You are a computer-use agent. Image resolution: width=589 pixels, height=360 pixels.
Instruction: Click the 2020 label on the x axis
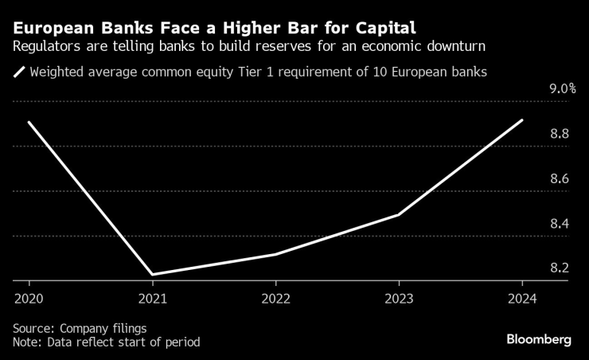click(29, 299)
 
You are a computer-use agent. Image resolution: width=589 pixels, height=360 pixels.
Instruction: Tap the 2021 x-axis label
click(152, 299)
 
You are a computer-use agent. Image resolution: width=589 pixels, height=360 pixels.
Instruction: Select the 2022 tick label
click(275, 299)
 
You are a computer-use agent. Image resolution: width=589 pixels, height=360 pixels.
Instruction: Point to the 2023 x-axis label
click(398, 299)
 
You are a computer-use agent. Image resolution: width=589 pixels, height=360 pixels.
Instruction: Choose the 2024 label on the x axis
click(521, 299)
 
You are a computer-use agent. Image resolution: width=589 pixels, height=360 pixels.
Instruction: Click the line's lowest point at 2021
click(152, 275)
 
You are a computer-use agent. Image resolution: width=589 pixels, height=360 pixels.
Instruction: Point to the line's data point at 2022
click(275, 254)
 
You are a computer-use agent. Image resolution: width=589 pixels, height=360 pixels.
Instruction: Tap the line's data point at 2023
click(398, 214)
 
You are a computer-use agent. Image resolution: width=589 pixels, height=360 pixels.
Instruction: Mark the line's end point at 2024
click(521, 120)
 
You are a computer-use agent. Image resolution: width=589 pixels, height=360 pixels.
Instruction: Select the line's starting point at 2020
click(29, 122)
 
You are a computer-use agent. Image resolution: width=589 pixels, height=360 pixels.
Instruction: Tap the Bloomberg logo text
click(539, 339)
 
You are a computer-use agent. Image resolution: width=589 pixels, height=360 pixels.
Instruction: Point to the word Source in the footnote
click(32, 328)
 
